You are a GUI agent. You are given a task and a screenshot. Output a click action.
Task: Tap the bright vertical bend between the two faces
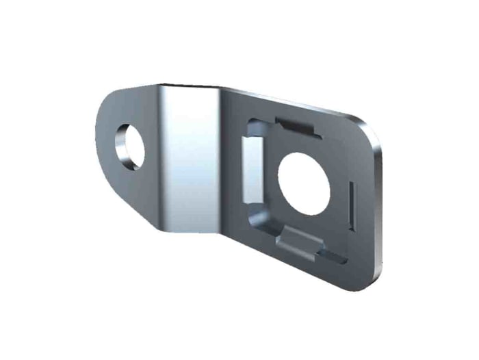[x=192, y=157]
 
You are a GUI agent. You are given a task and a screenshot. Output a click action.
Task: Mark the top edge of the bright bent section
[x=192, y=87]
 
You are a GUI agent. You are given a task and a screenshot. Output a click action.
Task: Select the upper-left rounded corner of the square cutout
[x=250, y=124]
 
